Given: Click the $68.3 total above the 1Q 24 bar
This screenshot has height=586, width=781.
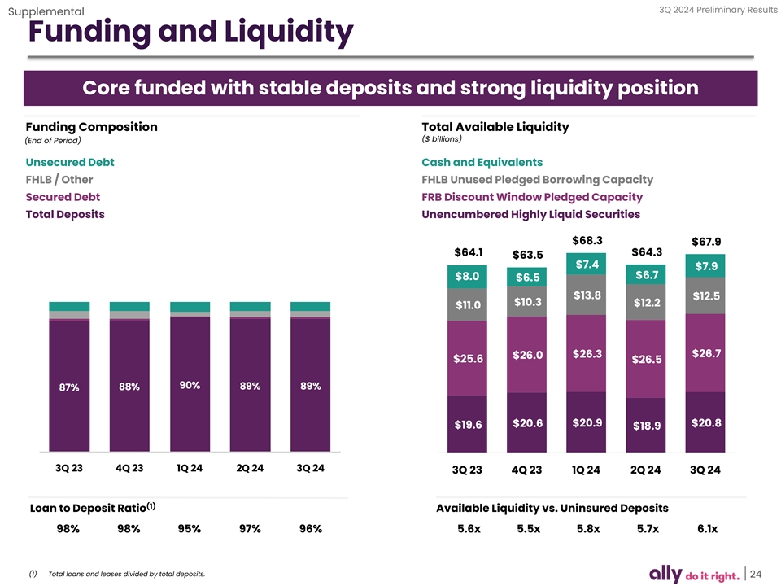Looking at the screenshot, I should (587, 241).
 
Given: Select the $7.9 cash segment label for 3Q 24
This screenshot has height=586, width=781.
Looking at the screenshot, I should (705, 266).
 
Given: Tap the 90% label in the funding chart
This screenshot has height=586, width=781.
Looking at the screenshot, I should (190, 385).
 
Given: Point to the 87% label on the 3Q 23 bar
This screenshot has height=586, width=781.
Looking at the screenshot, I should (69, 387).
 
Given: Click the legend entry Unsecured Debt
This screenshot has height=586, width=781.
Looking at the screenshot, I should (70, 162).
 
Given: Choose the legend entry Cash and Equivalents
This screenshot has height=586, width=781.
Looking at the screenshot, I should (482, 162).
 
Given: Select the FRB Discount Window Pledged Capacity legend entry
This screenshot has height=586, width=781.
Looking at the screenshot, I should (532, 197).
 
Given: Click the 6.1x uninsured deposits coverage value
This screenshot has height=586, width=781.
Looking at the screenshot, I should (707, 529).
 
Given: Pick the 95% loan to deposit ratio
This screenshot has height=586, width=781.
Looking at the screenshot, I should (190, 529).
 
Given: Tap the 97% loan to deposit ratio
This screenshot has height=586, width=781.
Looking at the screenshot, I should (250, 529).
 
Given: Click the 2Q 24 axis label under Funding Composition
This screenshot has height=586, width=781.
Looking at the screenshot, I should (250, 468).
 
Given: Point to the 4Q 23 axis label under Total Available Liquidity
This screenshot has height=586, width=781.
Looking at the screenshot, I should (527, 470).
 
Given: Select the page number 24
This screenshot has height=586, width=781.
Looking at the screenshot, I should (754, 574).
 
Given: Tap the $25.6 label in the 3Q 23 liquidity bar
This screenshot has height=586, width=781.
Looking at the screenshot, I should (468, 359).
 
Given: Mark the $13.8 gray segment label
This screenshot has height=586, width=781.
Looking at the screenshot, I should (587, 295).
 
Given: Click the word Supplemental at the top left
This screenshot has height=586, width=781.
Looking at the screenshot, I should (46, 11).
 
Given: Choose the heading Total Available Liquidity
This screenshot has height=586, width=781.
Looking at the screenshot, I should (495, 127).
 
